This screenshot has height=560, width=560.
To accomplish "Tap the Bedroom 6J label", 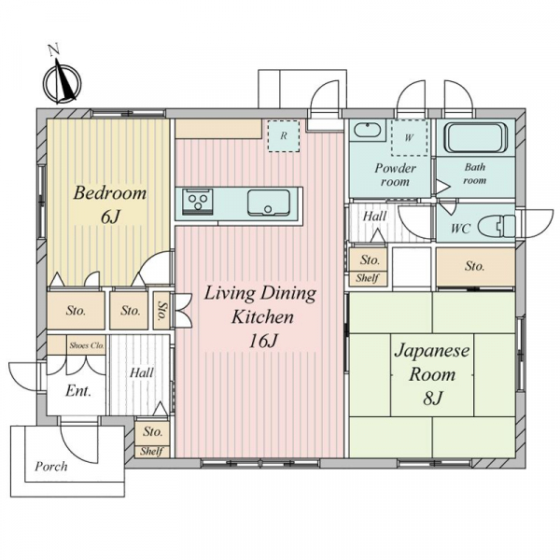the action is pos(110,205).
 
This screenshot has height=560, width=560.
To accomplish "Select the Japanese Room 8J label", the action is pos(432,373).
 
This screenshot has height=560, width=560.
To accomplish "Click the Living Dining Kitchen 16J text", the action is pos(260,316).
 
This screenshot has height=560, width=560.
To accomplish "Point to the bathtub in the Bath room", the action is pos(475,138).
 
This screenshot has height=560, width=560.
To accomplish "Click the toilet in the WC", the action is pos(497,227).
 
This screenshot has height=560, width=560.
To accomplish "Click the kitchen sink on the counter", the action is pos(269,203).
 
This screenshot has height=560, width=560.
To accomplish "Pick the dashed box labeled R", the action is pos(284,136).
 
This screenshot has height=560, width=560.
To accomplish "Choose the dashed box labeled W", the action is pos(410,137).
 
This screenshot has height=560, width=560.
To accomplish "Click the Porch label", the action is pos(50,466).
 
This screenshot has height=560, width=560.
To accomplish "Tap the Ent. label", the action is pos(78,391).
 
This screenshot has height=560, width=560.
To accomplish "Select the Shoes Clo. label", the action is pos(87,345).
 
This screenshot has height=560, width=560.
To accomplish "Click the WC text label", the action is pos(461,229).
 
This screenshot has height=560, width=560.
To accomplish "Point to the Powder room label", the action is pos(396,175).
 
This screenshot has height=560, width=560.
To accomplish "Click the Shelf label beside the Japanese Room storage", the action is pos(367,278).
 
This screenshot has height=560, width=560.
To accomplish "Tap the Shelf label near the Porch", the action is pos(152,451).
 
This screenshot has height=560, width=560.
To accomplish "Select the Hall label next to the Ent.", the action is pos(142,372).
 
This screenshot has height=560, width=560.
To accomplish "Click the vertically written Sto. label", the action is pos(162,311).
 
